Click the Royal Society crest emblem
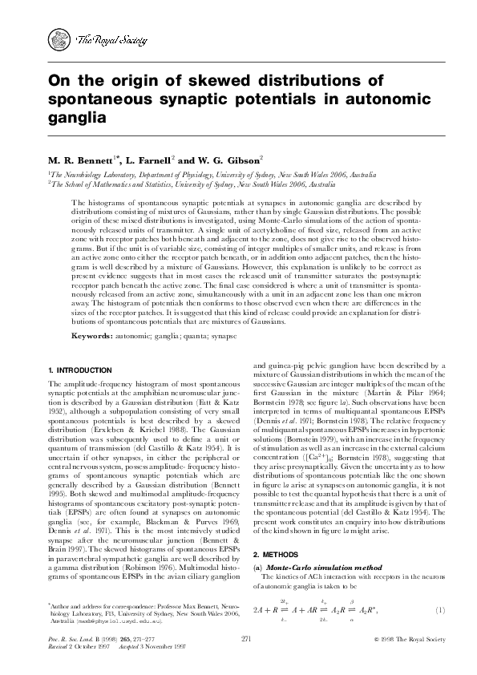pos(60,37)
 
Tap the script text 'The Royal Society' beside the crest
pos(101,38)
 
